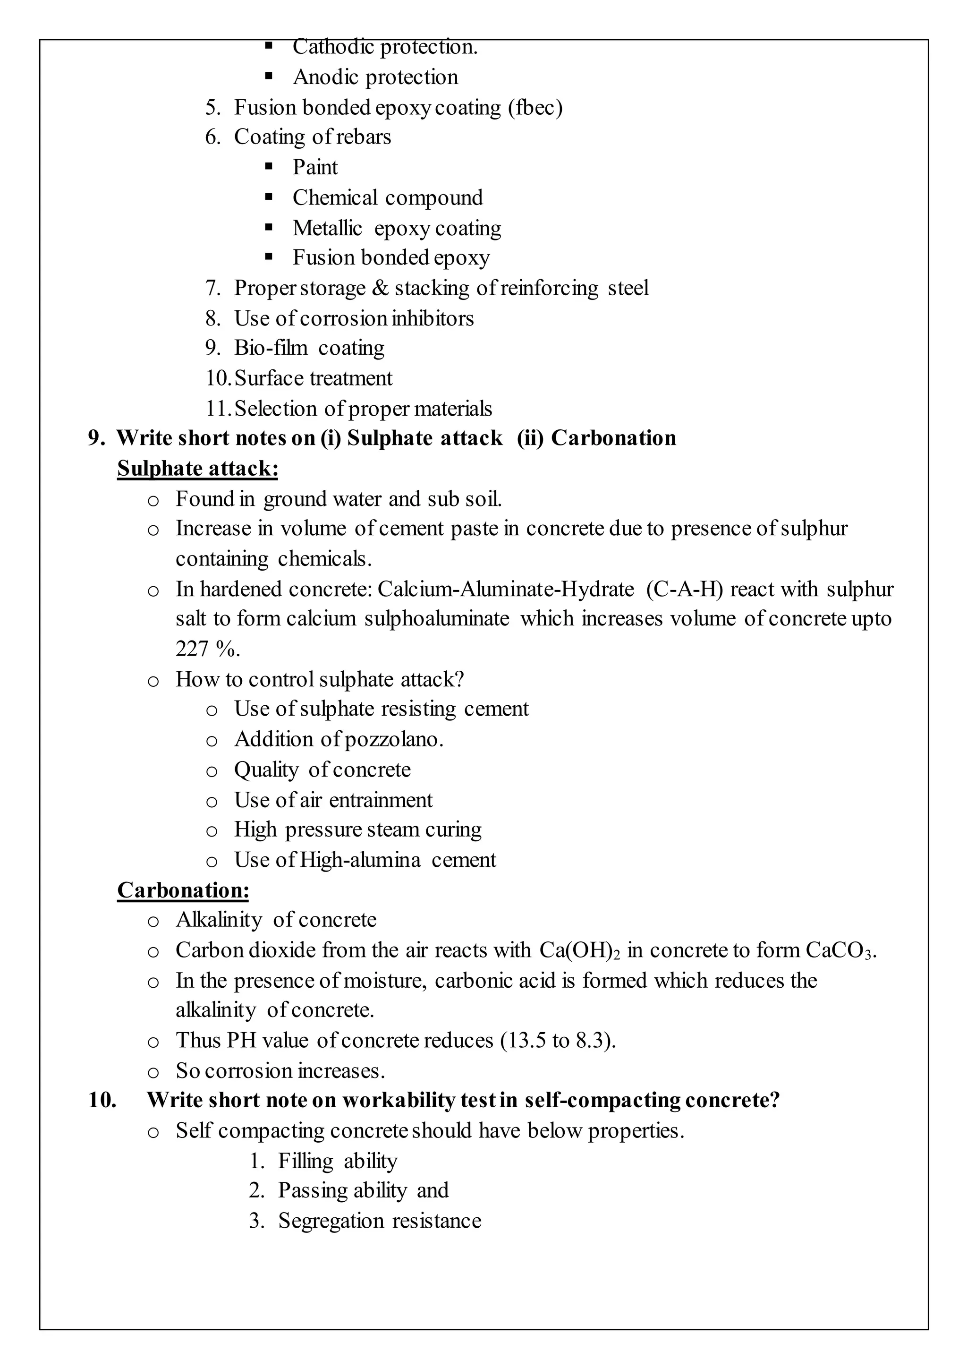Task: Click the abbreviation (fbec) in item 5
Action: coord(534,108)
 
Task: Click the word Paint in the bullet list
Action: coord(314,167)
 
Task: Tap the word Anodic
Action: coord(324,77)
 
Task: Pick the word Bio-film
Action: coord(271,348)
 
